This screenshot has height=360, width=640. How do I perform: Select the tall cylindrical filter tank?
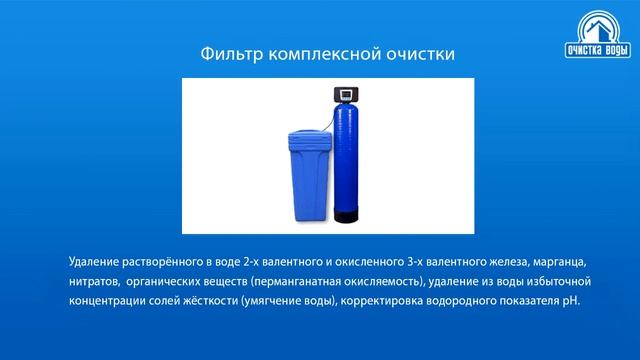(346, 160)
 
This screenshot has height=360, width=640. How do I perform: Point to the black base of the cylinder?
(346, 214)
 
